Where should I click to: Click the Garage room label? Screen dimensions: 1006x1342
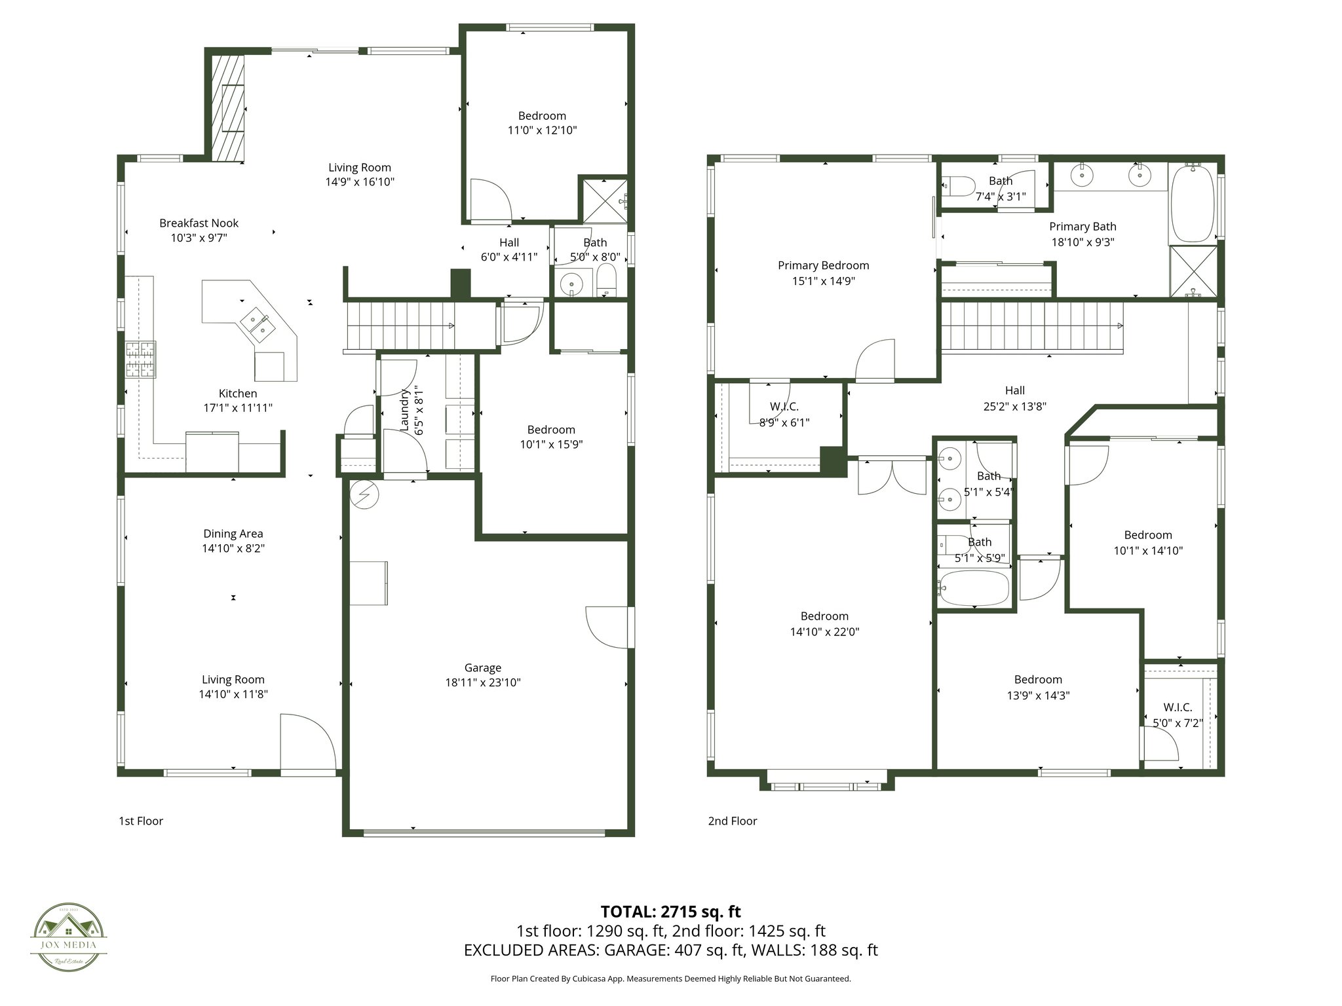click(483, 668)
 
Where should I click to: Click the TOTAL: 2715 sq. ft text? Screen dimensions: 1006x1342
click(670, 911)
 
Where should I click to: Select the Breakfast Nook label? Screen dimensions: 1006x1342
click(199, 223)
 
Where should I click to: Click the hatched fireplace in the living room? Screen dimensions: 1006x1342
click(227, 109)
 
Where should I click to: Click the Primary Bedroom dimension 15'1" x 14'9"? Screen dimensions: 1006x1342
click(823, 281)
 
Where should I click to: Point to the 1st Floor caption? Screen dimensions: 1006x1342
click(140, 821)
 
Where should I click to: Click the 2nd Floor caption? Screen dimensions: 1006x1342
click(732, 821)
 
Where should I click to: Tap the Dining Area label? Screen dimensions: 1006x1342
click(233, 534)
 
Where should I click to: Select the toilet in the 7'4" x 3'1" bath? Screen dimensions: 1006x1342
click(953, 187)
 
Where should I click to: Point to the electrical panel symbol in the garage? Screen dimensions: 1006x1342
click(365, 494)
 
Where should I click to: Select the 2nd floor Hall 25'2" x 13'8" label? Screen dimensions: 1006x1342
click(1014, 398)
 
